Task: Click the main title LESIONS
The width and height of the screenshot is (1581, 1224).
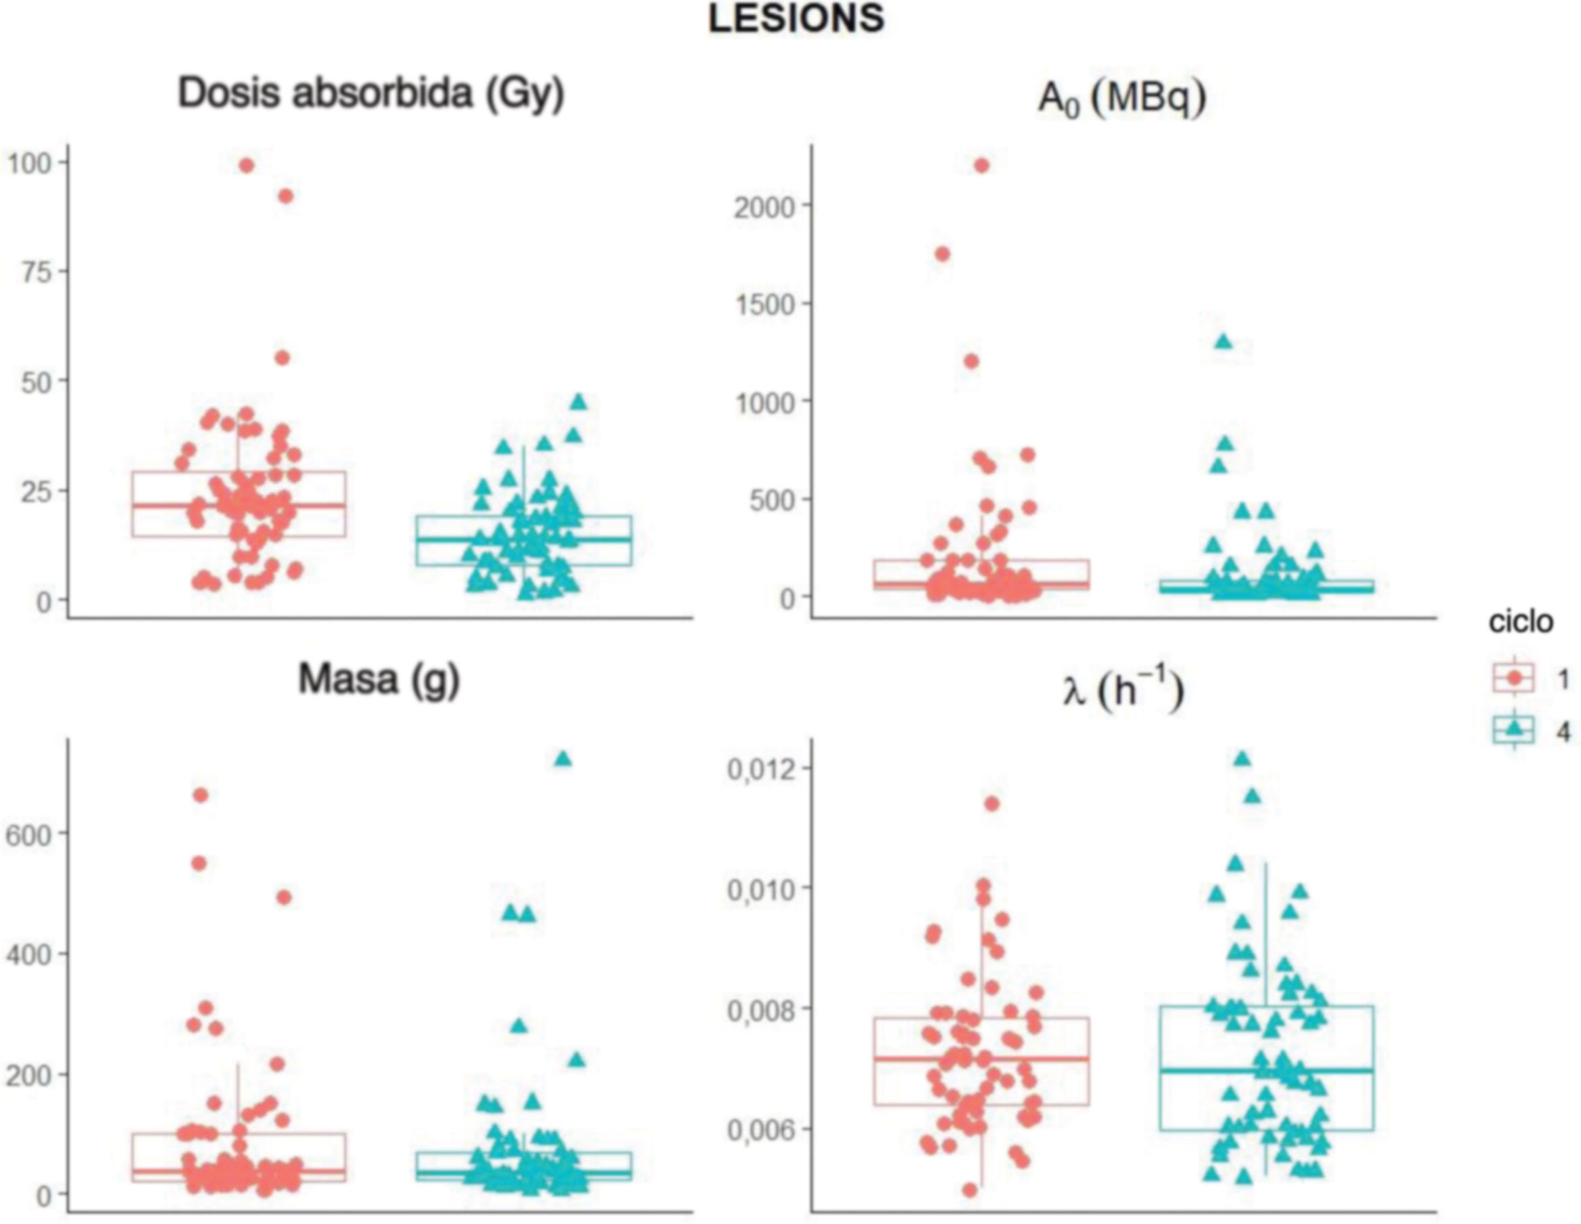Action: tap(796, 19)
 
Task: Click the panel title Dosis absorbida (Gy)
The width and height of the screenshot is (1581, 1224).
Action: tap(371, 94)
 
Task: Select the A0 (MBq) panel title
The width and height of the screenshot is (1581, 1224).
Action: tap(1122, 99)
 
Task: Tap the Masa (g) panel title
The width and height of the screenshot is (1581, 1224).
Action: tap(379, 680)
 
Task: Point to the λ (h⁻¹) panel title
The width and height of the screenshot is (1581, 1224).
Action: tap(1123, 691)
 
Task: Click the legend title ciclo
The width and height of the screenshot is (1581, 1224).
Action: tap(1520, 621)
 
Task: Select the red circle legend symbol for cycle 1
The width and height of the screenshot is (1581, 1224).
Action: tap(1513, 678)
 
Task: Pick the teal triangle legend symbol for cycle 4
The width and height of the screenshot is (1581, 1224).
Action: tap(1513, 731)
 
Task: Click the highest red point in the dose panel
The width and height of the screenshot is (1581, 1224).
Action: tap(246, 166)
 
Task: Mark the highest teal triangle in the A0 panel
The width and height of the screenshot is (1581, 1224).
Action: tap(1223, 342)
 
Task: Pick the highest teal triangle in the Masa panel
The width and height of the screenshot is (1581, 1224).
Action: tap(562, 758)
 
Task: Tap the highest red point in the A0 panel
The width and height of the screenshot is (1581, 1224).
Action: tap(982, 166)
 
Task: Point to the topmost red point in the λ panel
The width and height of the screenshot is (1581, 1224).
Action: tap(991, 803)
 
